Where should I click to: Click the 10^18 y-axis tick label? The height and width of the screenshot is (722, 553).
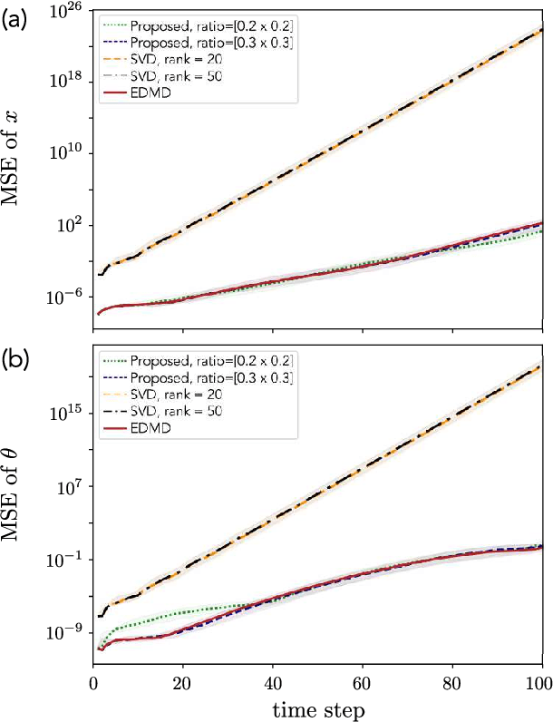point(71,81)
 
